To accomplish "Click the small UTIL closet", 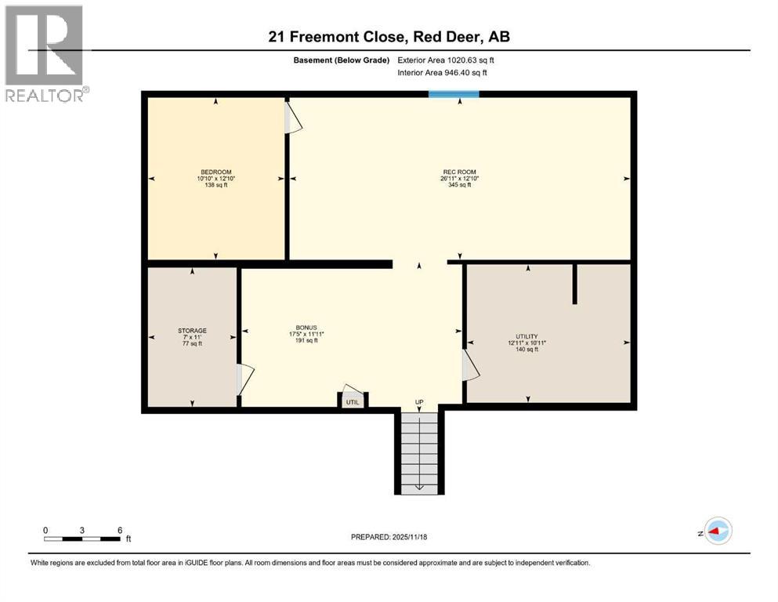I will pos(353,401).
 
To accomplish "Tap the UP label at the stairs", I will pos(419,402).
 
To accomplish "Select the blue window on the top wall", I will pos(454,94).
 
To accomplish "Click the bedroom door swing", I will pos(291,117).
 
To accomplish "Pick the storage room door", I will pos(244,379).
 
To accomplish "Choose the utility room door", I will pos(470,364).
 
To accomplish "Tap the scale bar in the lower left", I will pos(82,539).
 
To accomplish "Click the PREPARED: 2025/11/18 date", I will pos(389,537).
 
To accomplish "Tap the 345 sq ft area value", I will pos(459,186).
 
